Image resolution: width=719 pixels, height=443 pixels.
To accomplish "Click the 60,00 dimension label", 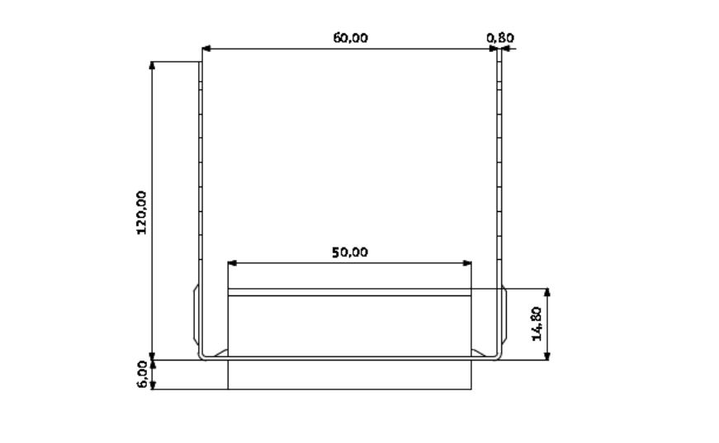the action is click(x=350, y=38).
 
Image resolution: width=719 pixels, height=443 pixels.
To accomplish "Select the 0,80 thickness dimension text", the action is click(x=500, y=38).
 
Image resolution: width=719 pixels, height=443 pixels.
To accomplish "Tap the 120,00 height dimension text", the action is click(x=141, y=213).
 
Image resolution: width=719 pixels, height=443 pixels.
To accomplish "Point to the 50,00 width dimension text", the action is click(x=350, y=252).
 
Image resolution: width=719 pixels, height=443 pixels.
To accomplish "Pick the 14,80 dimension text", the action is click(x=536, y=324).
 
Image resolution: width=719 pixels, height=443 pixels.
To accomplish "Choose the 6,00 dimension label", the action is click(x=142, y=375).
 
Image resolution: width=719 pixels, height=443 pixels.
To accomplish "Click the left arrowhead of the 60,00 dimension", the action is click(x=206, y=48).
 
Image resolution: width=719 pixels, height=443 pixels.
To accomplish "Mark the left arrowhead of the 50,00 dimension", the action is click(x=232, y=263).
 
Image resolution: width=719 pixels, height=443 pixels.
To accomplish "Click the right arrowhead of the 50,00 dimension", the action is click(x=467, y=263).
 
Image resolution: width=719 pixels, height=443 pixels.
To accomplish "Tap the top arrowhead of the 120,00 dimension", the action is click(x=152, y=65).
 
